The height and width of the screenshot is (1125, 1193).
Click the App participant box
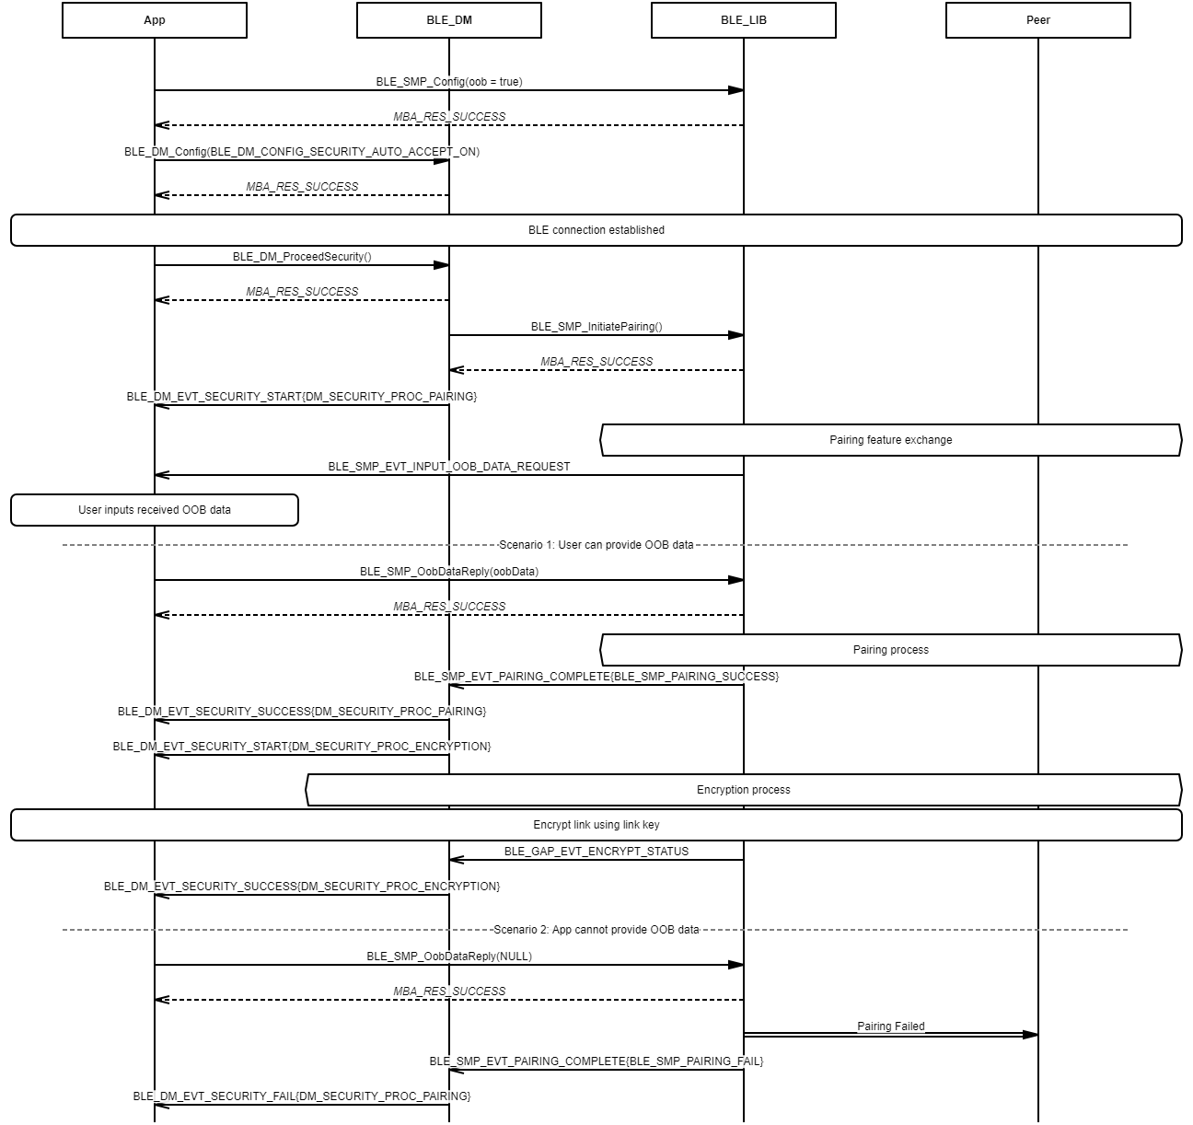(x=155, y=20)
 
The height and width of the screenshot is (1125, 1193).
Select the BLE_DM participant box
(x=448, y=20)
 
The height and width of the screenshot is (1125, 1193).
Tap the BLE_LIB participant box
(x=744, y=20)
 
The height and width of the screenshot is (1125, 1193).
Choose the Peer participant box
(x=1038, y=20)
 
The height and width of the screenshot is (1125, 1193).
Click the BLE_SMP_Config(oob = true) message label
(x=448, y=82)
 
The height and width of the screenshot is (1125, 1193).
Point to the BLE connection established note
(x=596, y=230)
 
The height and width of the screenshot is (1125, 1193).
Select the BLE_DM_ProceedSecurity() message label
(x=302, y=257)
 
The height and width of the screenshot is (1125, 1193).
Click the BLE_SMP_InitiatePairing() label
(x=596, y=326)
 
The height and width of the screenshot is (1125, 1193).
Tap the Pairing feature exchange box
(x=891, y=440)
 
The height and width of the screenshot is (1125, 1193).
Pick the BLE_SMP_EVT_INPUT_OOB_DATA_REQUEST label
(x=448, y=467)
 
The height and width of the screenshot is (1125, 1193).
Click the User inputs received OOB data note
(x=155, y=510)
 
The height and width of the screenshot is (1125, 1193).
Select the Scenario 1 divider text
(x=596, y=545)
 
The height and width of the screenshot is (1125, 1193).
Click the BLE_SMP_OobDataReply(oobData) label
(x=448, y=572)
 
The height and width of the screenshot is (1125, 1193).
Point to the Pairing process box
(x=891, y=650)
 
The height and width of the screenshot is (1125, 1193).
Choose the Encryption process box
(x=744, y=790)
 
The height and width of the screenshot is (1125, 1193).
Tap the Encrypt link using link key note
(x=596, y=825)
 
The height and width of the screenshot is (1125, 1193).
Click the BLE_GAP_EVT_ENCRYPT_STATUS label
(x=596, y=852)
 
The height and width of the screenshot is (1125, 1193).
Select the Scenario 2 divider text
(x=596, y=930)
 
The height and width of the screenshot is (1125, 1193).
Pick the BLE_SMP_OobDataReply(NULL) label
(x=448, y=957)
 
